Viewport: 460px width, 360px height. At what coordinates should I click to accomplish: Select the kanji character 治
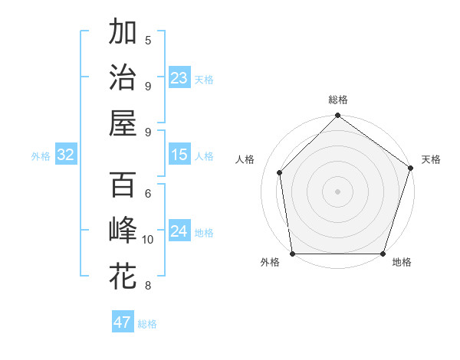[123, 77]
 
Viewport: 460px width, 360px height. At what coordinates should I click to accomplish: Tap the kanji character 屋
[123, 123]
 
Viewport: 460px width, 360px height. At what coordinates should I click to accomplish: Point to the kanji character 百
[123, 185]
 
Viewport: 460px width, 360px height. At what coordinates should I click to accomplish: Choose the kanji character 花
[123, 276]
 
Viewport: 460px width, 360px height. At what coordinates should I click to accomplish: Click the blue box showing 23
[179, 78]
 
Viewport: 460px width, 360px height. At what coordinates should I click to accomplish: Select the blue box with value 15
[179, 155]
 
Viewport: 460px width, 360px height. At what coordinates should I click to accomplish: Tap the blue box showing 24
[179, 231]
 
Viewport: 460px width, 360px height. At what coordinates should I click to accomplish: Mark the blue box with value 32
[66, 155]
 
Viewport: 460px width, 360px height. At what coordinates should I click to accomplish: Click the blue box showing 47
[123, 322]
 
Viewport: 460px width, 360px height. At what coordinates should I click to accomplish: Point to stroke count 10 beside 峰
[148, 240]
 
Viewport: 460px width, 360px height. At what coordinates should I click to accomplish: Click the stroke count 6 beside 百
[148, 194]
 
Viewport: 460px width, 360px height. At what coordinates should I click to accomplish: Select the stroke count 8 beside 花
[148, 286]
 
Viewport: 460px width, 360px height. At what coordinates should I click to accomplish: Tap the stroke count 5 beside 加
[148, 41]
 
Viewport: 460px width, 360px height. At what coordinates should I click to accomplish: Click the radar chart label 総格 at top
[337, 100]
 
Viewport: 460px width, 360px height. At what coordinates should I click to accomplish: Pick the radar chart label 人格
[245, 159]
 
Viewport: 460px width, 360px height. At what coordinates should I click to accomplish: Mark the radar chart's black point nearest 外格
[293, 254]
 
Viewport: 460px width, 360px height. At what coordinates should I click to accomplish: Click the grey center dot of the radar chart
[337, 191]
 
